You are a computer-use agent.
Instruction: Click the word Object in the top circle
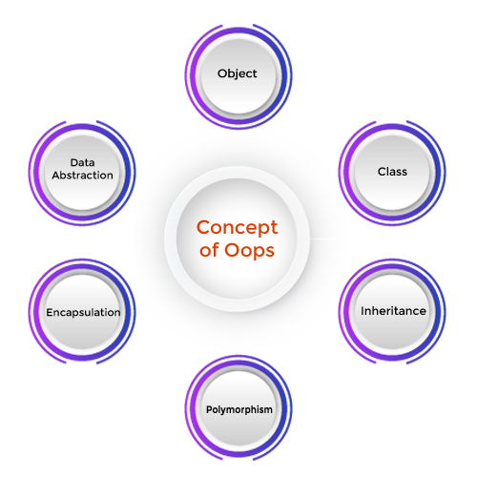pyautogui.click(x=238, y=73)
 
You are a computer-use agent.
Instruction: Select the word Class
pyautogui.click(x=392, y=172)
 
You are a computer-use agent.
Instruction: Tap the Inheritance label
pyautogui.click(x=393, y=311)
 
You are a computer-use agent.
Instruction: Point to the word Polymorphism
pyautogui.click(x=239, y=409)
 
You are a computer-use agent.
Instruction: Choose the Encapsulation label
pyautogui.click(x=83, y=312)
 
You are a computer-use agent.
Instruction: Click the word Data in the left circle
pyautogui.click(x=82, y=162)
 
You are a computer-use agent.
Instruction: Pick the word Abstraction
pyautogui.click(x=82, y=176)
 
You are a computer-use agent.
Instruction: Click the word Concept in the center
pyautogui.click(x=238, y=227)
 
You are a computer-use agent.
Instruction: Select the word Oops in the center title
pyautogui.click(x=249, y=250)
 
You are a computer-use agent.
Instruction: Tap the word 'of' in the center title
pyautogui.click(x=210, y=249)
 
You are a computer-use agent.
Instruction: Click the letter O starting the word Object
pyautogui.click(x=222, y=73)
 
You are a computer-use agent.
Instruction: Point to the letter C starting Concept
pyautogui.click(x=204, y=227)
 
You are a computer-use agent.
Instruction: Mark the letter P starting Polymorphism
pyautogui.click(x=209, y=409)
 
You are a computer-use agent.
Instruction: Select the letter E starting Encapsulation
pyautogui.click(x=50, y=312)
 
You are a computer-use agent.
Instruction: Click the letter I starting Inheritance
pyautogui.click(x=363, y=311)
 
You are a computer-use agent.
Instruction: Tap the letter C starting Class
pyautogui.click(x=382, y=172)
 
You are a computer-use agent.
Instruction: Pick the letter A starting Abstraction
pyautogui.click(x=56, y=176)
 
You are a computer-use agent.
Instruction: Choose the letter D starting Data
pyautogui.click(x=74, y=162)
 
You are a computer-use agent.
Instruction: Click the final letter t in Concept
pyautogui.click(x=274, y=228)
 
